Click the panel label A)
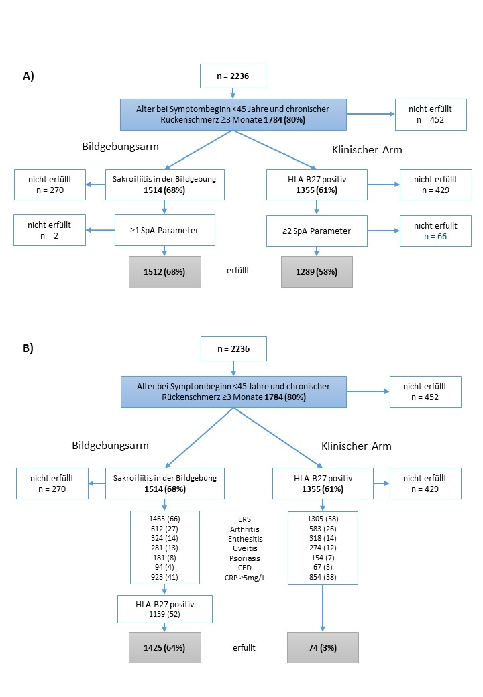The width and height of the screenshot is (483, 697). point(28,76)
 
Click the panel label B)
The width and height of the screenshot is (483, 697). point(28,348)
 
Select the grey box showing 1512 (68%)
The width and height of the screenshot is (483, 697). point(164,271)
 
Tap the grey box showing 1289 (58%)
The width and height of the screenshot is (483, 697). point(317,271)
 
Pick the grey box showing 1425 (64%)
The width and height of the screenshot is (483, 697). point(164,647)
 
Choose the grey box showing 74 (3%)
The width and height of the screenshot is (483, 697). point(323,647)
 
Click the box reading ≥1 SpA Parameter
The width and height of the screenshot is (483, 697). point(165,231)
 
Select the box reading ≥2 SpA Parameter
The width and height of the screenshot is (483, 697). point(317,231)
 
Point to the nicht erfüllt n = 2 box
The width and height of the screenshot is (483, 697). point(50,231)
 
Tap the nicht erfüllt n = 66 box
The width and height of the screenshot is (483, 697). point(435,231)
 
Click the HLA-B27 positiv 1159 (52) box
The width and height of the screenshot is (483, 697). point(165,609)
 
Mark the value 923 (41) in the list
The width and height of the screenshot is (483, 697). point(164,577)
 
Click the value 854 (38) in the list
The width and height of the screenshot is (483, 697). point(323,577)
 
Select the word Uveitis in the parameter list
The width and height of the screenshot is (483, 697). point(245,548)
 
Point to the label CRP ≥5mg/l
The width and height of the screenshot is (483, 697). point(244,578)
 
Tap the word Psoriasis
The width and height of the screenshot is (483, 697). point(245,558)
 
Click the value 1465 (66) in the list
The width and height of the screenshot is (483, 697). point(164,519)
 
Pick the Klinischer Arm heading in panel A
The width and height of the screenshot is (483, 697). point(367,150)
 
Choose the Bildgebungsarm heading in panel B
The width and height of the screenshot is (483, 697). point(110,446)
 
